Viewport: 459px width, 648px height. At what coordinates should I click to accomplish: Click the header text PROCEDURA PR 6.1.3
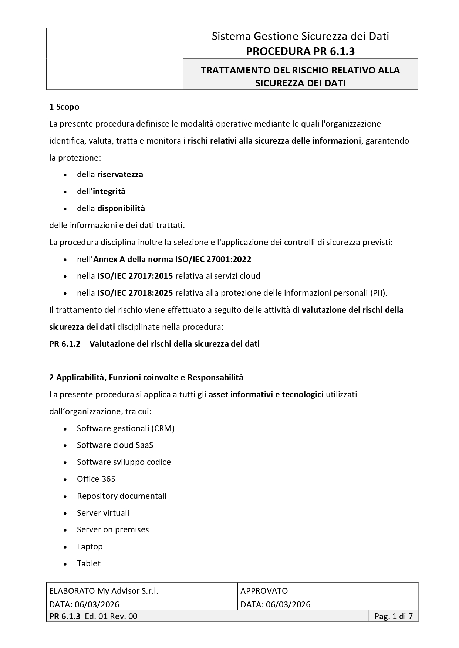tap(300, 51)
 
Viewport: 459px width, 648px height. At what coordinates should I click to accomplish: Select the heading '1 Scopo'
tap(64, 107)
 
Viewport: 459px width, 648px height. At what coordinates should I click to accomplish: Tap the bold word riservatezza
tap(120, 174)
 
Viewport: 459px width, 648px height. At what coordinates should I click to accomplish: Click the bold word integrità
tap(109, 191)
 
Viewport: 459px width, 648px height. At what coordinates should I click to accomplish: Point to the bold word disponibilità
tap(121, 208)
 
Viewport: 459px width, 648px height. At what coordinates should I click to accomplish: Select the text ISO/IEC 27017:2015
tap(135, 276)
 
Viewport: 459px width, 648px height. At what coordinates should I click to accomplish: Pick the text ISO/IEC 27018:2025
tap(135, 293)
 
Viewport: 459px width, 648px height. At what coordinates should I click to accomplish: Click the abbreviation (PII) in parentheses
tap(378, 293)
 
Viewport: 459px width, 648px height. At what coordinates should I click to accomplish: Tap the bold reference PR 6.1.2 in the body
tap(65, 344)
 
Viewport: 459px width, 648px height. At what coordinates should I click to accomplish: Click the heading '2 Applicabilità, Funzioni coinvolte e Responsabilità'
tap(146, 377)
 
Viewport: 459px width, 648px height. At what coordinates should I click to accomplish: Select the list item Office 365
tap(96, 479)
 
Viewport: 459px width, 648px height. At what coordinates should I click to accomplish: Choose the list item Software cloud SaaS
tap(115, 445)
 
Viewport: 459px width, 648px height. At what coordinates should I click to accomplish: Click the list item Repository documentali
tap(122, 496)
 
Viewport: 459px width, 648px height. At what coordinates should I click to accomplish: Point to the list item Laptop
tap(90, 546)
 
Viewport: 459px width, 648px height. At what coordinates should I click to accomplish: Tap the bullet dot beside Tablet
tap(65, 564)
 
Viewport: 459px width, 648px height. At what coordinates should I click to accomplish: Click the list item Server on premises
tap(113, 529)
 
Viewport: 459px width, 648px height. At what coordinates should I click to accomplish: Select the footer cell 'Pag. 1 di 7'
tap(394, 616)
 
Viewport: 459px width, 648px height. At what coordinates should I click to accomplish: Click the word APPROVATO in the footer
tap(264, 591)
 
